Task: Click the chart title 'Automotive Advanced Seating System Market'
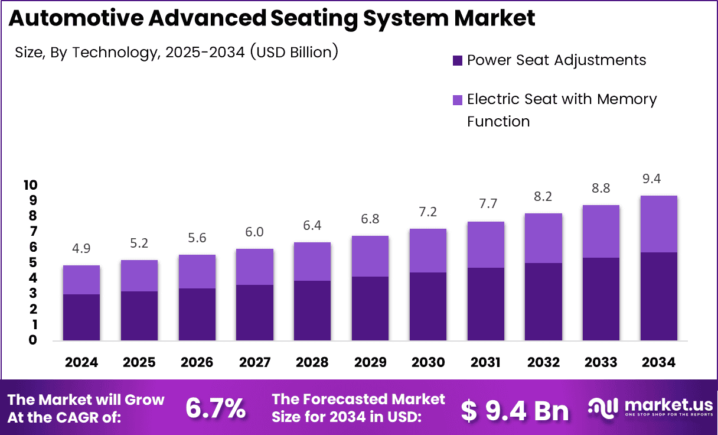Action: point(272,18)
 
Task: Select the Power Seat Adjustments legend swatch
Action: point(458,60)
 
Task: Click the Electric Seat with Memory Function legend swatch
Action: point(458,100)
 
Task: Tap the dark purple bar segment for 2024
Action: point(81,317)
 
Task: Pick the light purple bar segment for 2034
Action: point(658,224)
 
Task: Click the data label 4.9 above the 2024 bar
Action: point(81,249)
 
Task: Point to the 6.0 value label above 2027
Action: point(254,233)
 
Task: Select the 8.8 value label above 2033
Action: point(600,189)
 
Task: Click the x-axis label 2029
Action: point(370,362)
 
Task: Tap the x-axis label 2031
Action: point(485,362)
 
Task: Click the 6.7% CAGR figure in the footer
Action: point(216,408)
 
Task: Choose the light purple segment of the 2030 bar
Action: point(427,251)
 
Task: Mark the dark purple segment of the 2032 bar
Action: point(543,301)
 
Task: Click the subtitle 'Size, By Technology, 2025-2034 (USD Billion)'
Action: point(177,52)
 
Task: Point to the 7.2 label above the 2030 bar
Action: point(427,212)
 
